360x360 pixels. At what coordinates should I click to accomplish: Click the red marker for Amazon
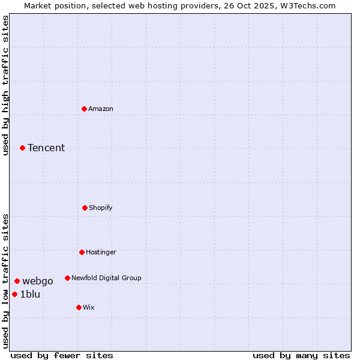click(x=85, y=109)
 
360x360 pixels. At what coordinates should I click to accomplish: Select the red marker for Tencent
click(x=22, y=148)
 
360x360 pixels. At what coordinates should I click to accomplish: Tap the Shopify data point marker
click(x=85, y=208)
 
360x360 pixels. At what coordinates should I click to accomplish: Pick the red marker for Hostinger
click(x=82, y=252)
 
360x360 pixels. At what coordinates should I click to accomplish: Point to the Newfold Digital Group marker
click(x=67, y=278)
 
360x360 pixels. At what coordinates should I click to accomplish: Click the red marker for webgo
click(x=17, y=281)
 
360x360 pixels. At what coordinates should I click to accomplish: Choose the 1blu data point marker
click(x=14, y=294)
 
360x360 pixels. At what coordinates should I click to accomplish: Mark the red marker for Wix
click(x=79, y=307)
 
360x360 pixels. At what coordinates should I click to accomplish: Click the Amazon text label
click(x=101, y=109)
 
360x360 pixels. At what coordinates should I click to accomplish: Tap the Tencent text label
click(x=46, y=148)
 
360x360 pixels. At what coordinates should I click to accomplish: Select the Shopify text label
click(x=101, y=208)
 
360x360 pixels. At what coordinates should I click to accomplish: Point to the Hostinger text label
click(x=101, y=252)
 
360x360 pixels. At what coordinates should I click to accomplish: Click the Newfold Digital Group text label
click(x=106, y=278)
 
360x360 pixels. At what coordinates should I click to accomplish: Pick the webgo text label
click(x=38, y=281)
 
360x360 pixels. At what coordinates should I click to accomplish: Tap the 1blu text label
click(x=30, y=294)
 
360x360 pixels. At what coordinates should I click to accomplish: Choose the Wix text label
click(x=89, y=307)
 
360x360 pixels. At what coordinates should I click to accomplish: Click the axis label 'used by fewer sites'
click(x=61, y=355)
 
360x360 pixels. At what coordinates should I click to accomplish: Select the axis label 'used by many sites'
click(x=301, y=355)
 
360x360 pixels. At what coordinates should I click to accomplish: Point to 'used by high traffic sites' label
click(x=5, y=85)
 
